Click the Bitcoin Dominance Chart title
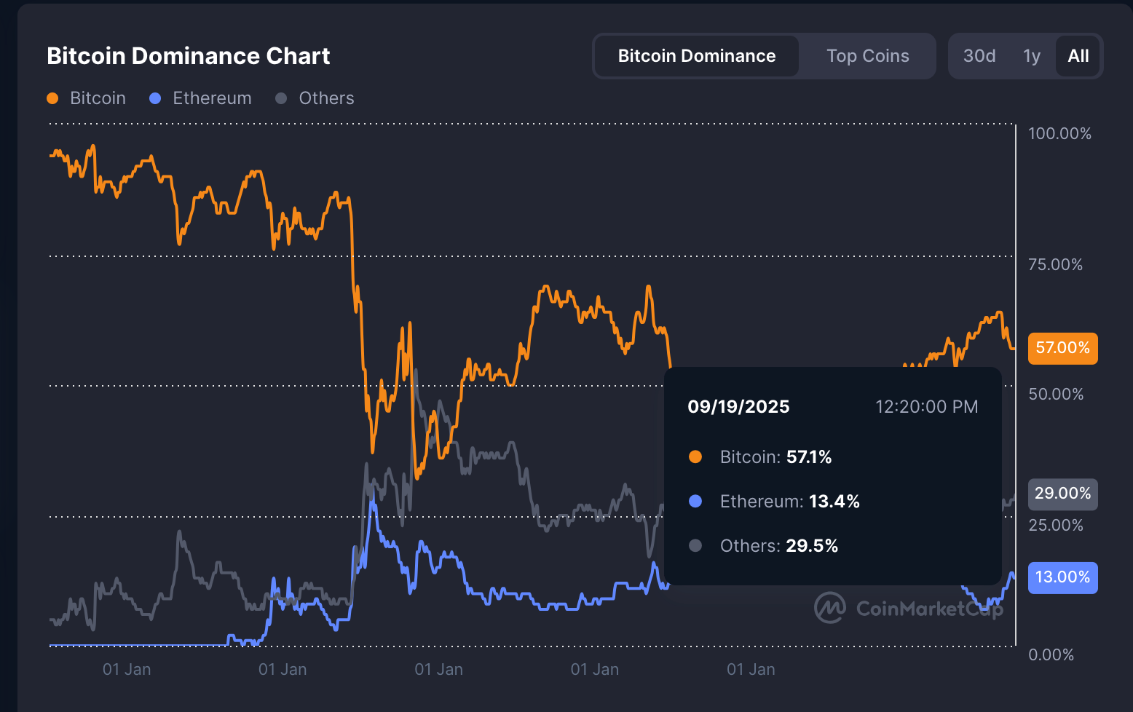[188, 56]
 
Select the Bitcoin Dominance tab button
[696, 56]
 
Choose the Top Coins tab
[867, 56]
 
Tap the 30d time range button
[979, 56]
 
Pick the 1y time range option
[1031, 56]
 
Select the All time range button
[1078, 56]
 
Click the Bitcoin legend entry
[87, 98]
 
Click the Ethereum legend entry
[202, 98]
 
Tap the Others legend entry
[316, 98]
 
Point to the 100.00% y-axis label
[1059, 133]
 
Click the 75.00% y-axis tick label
[1055, 264]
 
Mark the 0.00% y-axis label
[1051, 654]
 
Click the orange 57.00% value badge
[1062, 348]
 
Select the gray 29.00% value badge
[1062, 494]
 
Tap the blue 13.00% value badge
[1062, 577]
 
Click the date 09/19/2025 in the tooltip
[738, 407]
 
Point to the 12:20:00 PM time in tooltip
[926, 407]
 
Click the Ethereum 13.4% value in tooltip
[834, 502]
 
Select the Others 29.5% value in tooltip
[811, 546]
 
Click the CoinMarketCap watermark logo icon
[829, 608]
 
